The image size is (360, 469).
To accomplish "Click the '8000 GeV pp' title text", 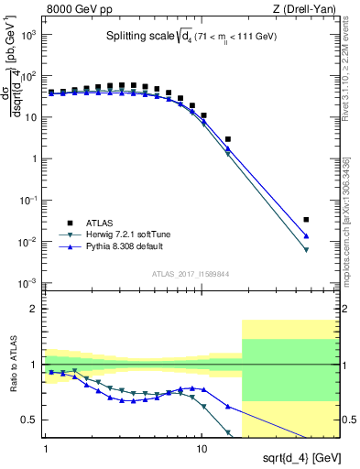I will pyautogui.click(x=79, y=9).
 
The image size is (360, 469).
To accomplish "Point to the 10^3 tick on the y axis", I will pyautogui.click(x=31, y=34).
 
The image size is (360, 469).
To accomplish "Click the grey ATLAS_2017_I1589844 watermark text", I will pyautogui.click(x=190, y=274).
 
